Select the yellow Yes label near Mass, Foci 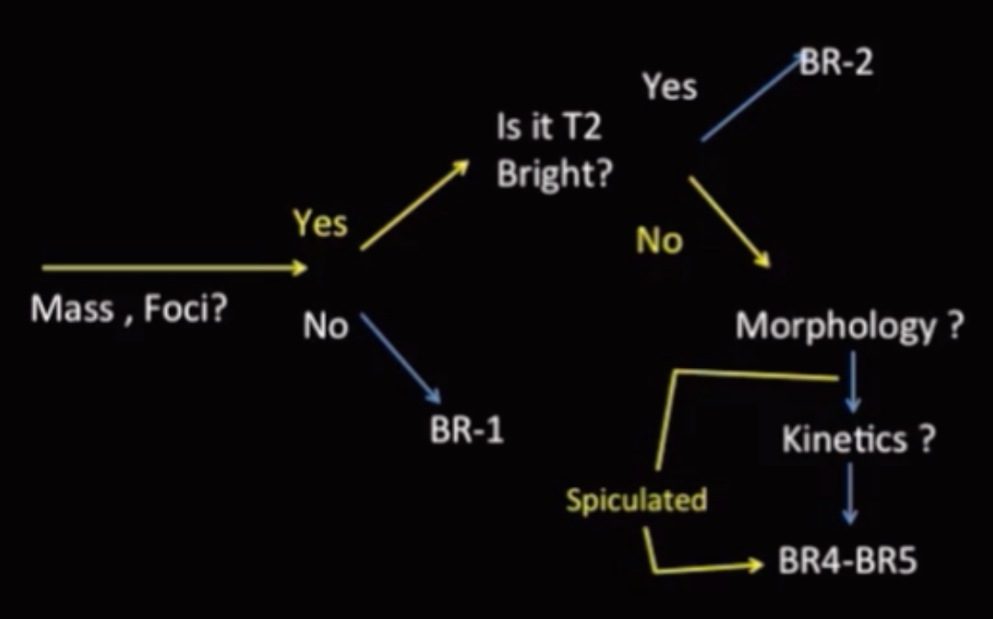[320, 224]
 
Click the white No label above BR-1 [325, 327]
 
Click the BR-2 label [835, 63]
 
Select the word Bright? [555, 174]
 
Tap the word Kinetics [844, 439]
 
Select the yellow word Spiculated [637, 500]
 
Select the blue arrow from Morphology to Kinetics [852, 380]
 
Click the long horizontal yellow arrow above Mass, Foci [174, 268]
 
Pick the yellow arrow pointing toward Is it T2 [414, 206]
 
